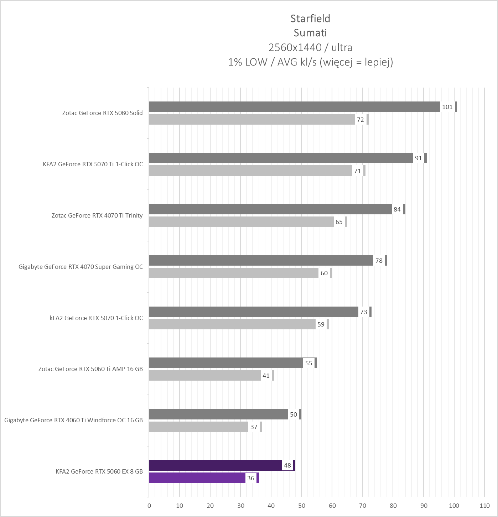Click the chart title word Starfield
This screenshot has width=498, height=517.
310,19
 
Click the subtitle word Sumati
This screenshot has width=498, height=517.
310,33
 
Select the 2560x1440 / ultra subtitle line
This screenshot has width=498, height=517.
310,47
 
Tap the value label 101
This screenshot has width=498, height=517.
447,107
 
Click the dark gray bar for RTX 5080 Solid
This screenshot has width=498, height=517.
294,107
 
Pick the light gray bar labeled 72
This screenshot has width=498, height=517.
252,120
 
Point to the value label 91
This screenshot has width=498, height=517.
419,158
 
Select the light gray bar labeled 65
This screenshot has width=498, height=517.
241,222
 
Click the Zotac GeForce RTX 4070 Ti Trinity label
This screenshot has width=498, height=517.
97,215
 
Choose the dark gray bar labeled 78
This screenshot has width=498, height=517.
261,261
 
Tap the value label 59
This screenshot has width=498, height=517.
321,324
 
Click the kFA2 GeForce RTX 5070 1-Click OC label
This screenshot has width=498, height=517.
96,318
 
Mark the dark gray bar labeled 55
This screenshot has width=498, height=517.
226,363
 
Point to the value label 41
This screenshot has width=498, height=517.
266,376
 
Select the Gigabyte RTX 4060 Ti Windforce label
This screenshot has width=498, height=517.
73,420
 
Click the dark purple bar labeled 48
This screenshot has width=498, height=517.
216,465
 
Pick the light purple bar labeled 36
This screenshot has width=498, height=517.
197,478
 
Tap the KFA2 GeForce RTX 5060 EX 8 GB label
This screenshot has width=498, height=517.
99,471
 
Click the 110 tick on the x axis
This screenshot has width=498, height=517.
484,506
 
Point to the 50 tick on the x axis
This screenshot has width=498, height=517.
302,506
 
